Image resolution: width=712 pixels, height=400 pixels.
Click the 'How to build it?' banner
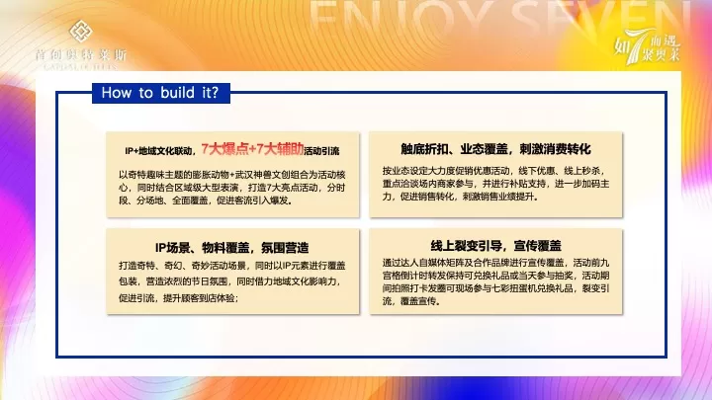pyautogui.click(x=160, y=93)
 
